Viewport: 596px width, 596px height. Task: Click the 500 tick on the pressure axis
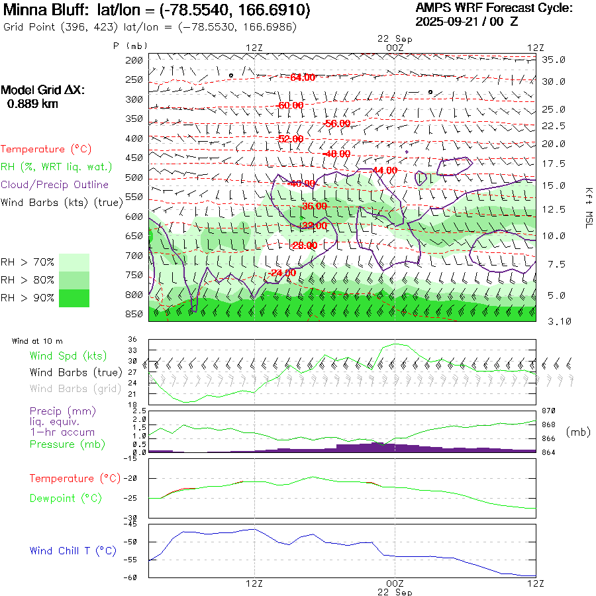point(134,177)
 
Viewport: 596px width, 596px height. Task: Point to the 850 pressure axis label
point(134,314)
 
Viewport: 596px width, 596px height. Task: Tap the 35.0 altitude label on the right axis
point(554,60)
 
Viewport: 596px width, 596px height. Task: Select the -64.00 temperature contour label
point(303,77)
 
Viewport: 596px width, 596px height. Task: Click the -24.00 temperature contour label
point(283,273)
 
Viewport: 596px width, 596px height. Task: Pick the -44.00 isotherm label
point(384,170)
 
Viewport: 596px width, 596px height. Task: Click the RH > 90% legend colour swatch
point(74,298)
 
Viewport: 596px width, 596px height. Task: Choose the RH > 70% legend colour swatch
point(74,262)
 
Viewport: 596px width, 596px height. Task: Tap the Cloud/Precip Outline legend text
point(55,185)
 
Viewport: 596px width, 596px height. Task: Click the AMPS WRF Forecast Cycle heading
point(494,8)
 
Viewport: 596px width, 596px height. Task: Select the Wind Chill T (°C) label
point(73,550)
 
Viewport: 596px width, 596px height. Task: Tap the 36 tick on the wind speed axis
point(132,340)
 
